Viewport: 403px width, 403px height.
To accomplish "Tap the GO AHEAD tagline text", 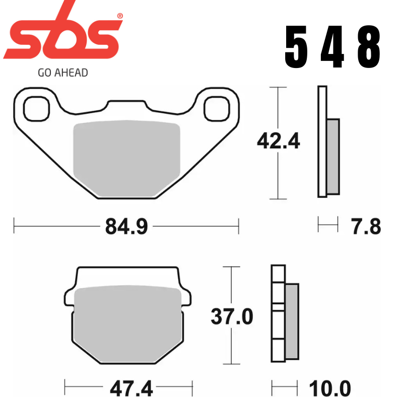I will (x=63, y=73).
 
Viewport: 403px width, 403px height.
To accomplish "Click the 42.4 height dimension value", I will (x=278, y=142).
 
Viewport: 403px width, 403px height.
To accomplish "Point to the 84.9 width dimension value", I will (x=126, y=227).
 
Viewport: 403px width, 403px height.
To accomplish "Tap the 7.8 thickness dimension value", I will (x=366, y=227).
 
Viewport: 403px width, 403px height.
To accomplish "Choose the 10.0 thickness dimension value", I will (x=330, y=389).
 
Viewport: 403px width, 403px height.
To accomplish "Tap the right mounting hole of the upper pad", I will (x=217, y=108).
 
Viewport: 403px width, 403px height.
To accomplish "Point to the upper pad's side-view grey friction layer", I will (x=333, y=156).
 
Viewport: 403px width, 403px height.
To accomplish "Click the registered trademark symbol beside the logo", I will (x=120, y=17).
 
